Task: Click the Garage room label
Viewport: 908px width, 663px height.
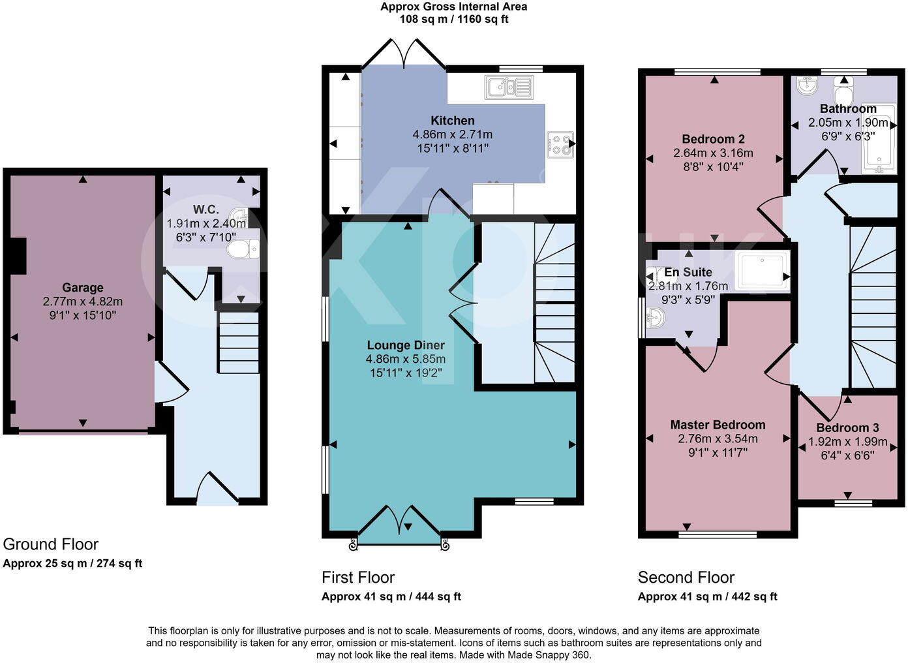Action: click(x=83, y=288)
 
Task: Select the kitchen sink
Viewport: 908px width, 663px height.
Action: click(x=508, y=87)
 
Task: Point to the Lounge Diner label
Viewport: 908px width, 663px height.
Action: click(x=406, y=345)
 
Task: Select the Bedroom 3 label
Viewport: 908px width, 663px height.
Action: click(x=847, y=428)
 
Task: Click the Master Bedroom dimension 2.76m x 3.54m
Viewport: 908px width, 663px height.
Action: click(x=718, y=439)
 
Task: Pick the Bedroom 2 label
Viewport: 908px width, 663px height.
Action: click(x=713, y=139)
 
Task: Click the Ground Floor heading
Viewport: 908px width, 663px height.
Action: click(x=51, y=544)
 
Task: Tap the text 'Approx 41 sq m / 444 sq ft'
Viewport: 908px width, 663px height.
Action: click(x=391, y=596)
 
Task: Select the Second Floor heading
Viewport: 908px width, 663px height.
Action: click(x=686, y=578)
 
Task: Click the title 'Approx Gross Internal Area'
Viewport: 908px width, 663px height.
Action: click(x=453, y=7)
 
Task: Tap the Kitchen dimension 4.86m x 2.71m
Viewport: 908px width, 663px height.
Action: click(x=452, y=134)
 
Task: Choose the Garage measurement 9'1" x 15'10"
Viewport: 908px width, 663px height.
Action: click(x=82, y=315)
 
